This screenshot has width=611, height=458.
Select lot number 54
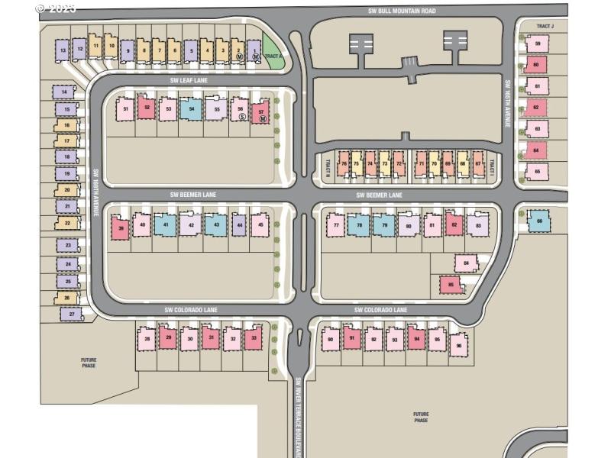point(192,109)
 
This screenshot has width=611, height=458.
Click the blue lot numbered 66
point(539,221)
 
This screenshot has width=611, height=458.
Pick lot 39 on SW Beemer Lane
point(120,227)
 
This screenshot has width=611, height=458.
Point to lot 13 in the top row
point(63,50)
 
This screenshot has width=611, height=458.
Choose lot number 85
point(451,285)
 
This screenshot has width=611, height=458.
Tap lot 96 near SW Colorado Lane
point(458,344)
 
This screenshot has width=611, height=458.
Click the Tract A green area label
point(273,56)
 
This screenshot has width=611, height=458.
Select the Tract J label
point(545,27)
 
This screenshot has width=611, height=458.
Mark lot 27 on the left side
point(72,314)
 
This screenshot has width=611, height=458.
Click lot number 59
point(538,44)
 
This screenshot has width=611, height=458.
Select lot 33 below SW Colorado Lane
point(254,338)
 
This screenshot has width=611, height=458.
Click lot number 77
point(335,225)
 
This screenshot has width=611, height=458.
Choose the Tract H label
point(327,163)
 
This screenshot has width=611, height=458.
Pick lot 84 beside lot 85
point(465,263)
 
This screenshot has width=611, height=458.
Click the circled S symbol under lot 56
point(241,117)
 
